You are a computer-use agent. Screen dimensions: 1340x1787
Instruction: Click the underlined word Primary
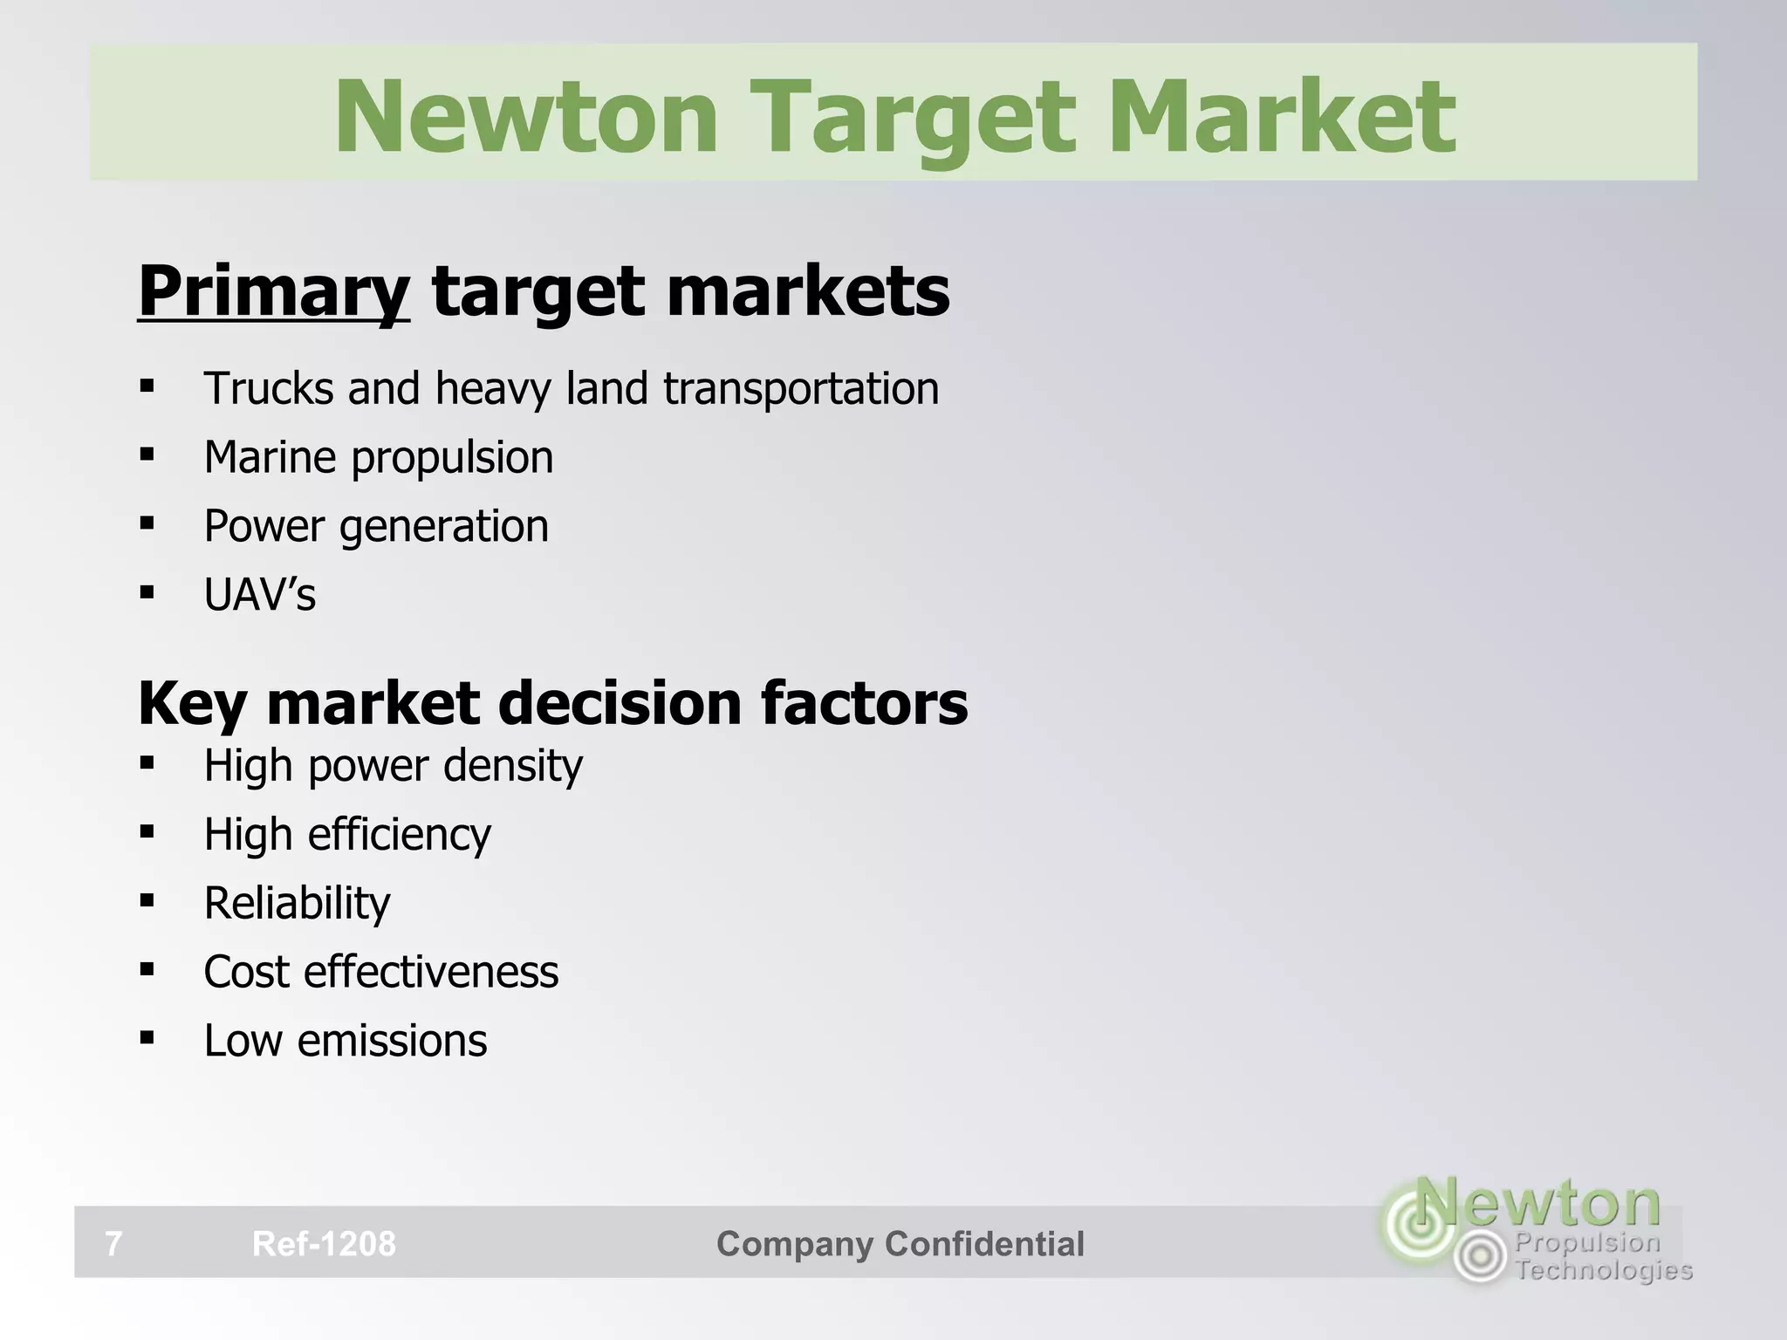(x=273, y=292)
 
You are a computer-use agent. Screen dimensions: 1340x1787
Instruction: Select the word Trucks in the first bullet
(x=268, y=388)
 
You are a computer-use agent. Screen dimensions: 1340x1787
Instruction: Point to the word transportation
(x=801, y=389)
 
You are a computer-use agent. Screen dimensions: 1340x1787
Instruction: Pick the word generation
(x=444, y=527)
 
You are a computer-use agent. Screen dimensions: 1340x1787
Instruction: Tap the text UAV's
(x=260, y=595)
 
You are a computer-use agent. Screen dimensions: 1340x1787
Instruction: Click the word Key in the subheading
(x=192, y=703)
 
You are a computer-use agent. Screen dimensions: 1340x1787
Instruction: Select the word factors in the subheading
(x=864, y=703)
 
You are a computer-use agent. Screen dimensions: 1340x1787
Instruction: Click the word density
(x=512, y=766)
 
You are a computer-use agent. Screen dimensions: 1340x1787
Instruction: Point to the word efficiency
(x=399, y=835)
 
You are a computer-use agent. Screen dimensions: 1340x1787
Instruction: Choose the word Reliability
(x=297, y=904)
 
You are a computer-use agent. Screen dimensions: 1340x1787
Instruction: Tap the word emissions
(x=392, y=1041)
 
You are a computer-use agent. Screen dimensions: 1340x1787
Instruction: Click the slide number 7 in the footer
(x=113, y=1243)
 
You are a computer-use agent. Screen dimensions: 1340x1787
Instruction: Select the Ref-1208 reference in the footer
(x=324, y=1243)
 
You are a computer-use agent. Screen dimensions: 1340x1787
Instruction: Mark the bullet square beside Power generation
(x=147, y=523)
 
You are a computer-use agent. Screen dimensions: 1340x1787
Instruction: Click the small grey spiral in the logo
(x=1480, y=1257)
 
